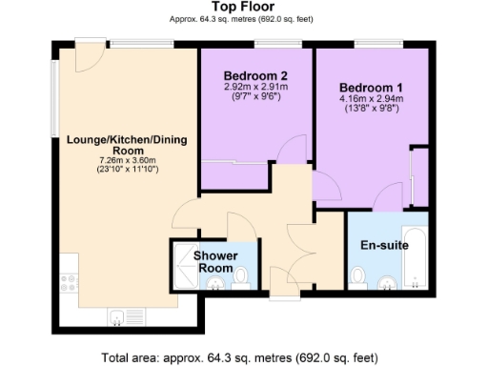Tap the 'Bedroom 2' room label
255,76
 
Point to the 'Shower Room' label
214,262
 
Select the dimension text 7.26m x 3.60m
127,161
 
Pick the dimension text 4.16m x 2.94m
372,97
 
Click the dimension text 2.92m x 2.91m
255,88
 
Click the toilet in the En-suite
358,276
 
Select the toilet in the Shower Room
242,276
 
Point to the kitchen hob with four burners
69,282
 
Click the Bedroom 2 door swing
294,150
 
